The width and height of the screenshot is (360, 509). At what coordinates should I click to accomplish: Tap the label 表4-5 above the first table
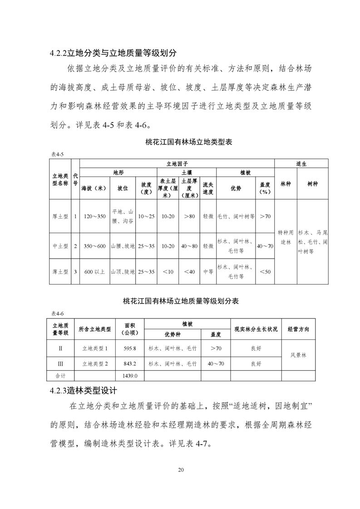tap(57, 154)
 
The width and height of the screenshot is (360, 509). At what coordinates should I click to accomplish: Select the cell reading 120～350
tap(94, 216)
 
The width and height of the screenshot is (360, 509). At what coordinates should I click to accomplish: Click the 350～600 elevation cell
tap(94, 246)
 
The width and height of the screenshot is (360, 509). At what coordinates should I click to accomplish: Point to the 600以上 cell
tap(94, 272)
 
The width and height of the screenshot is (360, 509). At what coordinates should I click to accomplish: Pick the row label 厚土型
tap(60, 216)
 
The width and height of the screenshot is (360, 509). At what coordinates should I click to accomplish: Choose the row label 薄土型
tap(60, 272)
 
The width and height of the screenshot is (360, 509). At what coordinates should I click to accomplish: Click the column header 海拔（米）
tap(94, 188)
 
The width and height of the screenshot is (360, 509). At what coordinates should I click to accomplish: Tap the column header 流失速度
tap(208, 188)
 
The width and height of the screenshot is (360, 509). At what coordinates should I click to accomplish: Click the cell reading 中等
tap(208, 272)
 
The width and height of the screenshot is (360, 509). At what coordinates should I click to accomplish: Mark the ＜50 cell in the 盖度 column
tap(265, 272)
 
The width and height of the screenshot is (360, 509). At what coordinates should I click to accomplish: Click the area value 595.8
tap(130, 348)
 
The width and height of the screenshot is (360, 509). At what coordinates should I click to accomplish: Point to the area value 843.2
tap(130, 363)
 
